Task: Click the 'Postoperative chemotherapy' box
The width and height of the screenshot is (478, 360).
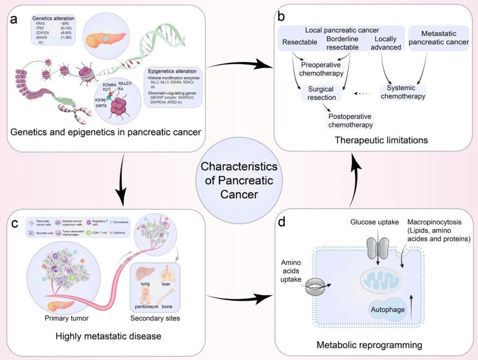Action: click(x=350, y=120)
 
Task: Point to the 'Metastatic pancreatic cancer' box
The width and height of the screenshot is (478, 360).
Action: click(x=438, y=37)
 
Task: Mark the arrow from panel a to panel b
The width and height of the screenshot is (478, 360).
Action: click(x=236, y=64)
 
